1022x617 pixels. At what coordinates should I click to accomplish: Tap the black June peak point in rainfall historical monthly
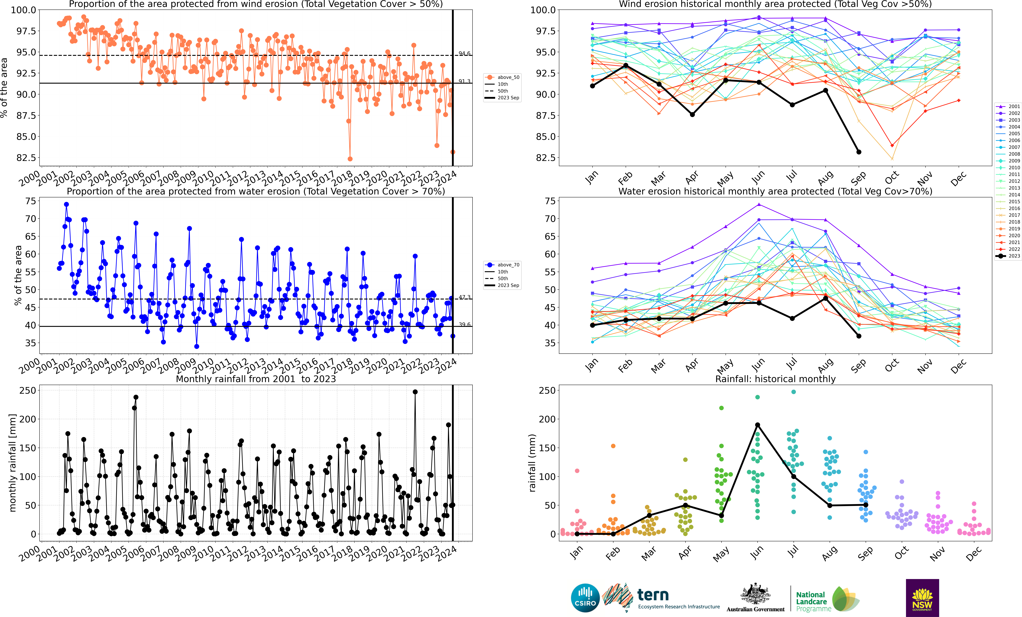(757, 425)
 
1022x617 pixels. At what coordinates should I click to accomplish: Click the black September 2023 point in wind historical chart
(859, 152)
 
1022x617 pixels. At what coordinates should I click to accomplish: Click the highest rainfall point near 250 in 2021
(415, 392)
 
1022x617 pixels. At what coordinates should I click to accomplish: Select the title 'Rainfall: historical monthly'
(775, 379)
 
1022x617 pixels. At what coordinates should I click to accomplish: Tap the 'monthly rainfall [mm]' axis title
(12, 463)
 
